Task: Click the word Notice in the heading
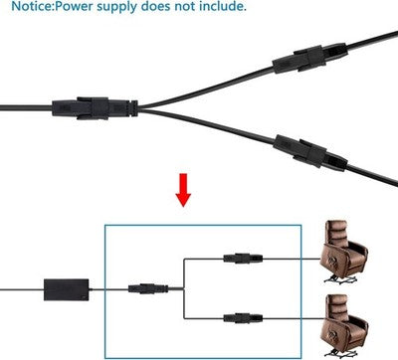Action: click(x=32, y=6)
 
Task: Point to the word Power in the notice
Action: click(x=74, y=6)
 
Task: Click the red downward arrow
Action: click(x=183, y=190)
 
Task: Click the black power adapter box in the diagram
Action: click(x=67, y=289)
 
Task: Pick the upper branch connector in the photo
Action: click(x=309, y=59)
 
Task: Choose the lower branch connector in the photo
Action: click(x=310, y=152)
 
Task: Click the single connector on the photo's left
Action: click(x=95, y=108)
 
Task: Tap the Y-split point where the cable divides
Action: click(x=139, y=108)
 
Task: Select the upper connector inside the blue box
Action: click(x=243, y=259)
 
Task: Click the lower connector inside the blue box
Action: click(x=243, y=318)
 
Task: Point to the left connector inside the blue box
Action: click(x=148, y=288)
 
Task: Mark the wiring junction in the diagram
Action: click(x=184, y=288)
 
